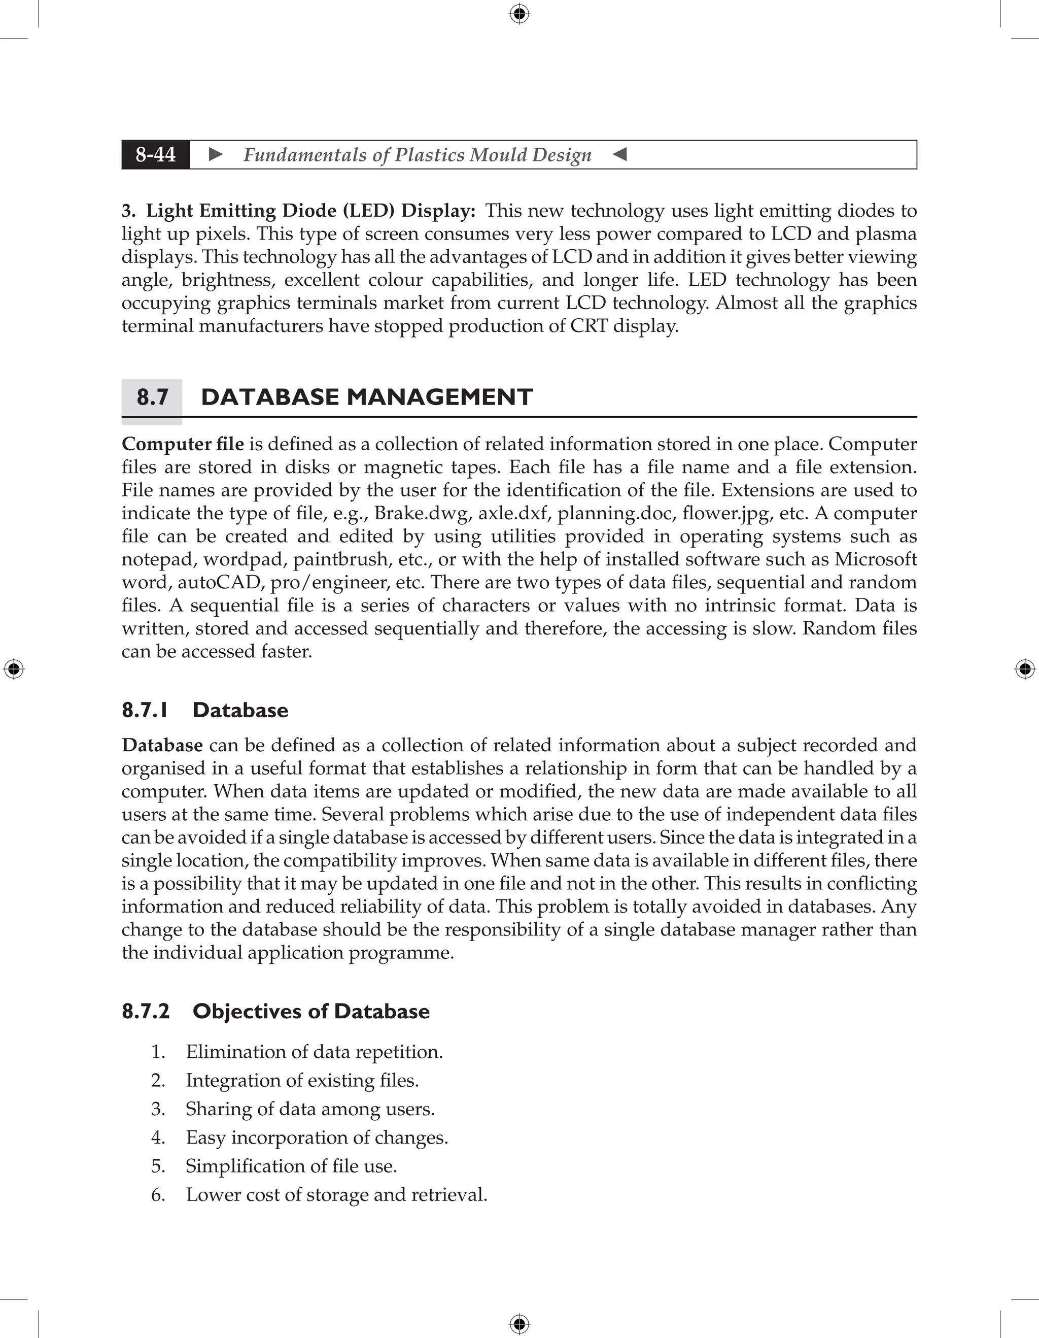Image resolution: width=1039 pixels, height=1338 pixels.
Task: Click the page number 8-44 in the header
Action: point(156,154)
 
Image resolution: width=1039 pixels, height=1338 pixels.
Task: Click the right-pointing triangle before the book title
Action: point(216,154)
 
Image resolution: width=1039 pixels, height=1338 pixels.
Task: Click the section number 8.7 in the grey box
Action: point(152,397)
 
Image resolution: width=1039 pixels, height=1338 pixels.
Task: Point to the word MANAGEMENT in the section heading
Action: point(440,397)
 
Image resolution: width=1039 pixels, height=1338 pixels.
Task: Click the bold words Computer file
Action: point(183,444)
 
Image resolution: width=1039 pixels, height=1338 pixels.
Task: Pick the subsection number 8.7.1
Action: point(145,710)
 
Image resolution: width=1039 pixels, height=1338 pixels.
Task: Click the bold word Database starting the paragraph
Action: point(162,746)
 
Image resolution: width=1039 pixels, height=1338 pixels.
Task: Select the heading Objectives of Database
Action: point(310,1012)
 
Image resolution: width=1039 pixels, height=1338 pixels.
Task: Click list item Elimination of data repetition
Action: point(314,1052)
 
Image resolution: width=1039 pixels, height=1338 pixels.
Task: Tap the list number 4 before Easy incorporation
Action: point(158,1138)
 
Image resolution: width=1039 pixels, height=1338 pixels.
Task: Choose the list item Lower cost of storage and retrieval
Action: point(336,1195)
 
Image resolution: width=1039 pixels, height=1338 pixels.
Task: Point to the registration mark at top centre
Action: point(519,14)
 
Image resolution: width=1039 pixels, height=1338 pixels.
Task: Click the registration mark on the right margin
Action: point(1025,669)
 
